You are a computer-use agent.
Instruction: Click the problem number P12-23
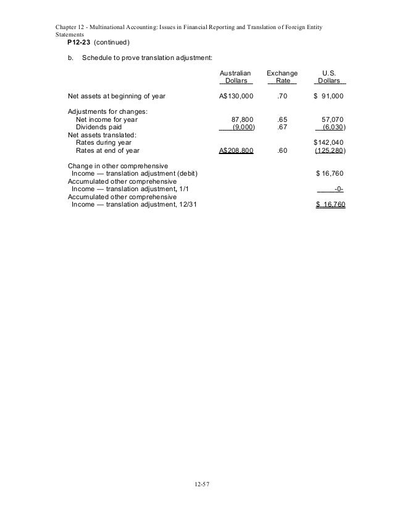pyautogui.click(x=78, y=42)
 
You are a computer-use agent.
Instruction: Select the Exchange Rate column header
pyautogui.click(x=282, y=77)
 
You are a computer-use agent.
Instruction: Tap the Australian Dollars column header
pyautogui.click(x=236, y=77)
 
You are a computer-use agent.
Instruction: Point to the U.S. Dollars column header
pyautogui.click(x=330, y=77)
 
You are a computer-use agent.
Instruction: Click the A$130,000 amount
pyautogui.click(x=236, y=97)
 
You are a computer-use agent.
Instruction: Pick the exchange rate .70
pyautogui.click(x=282, y=97)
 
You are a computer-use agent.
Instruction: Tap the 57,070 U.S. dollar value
pyautogui.click(x=333, y=119)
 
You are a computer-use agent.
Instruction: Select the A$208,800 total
pyautogui.click(x=236, y=150)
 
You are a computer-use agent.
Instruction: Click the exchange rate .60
pyautogui.click(x=282, y=150)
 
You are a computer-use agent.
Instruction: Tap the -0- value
pyautogui.click(x=338, y=189)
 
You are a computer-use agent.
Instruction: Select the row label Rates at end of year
pyautogui.click(x=107, y=150)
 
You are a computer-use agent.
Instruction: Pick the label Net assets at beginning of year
pyautogui.click(x=116, y=97)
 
